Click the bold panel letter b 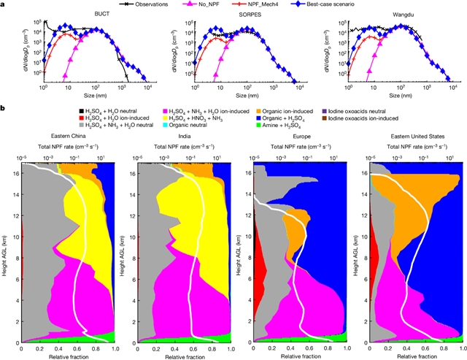click(x=4, y=109)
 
